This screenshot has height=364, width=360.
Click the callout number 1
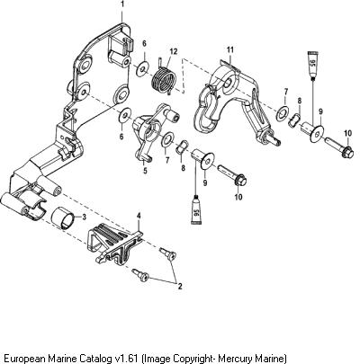click(122, 4)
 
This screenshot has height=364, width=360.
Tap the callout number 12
click(174, 51)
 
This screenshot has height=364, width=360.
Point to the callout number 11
click(230, 50)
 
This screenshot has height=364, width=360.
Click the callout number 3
click(84, 217)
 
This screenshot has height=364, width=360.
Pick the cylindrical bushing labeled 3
click(63, 218)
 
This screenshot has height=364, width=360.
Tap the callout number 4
click(139, 216)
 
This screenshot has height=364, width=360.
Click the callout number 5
click(145, 171)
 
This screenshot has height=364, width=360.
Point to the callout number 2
click(180, 286)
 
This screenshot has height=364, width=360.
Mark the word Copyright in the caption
click(194, 358)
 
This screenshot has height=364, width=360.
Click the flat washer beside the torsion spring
click(142, 68)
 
